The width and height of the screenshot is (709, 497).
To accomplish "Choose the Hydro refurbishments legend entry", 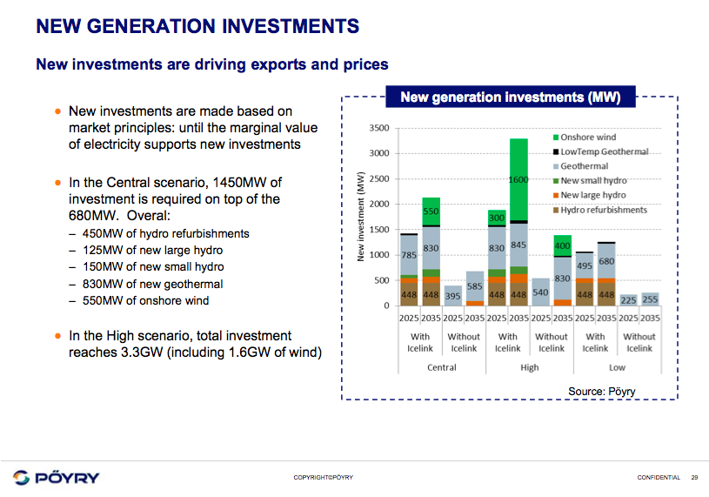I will (x=603, y=210).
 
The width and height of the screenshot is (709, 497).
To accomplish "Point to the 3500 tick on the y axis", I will (x=378, y=128).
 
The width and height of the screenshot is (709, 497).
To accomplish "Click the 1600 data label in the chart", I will (x=518, y=179).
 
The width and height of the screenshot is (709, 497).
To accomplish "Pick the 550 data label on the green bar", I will (x=431, y=211).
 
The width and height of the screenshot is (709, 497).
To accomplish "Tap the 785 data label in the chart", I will (x=409, y=256).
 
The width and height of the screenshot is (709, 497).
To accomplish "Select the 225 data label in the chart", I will (x=629, y=299).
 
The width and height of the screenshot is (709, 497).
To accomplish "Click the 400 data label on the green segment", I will (x=562, y=246).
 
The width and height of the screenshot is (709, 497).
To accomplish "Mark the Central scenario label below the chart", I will (x=442, y=367).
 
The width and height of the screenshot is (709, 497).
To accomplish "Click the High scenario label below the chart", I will (x=529, y=367).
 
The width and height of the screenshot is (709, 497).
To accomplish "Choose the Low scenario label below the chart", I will (x=617, y=367).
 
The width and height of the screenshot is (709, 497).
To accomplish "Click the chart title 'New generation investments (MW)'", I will (x=510, y=97).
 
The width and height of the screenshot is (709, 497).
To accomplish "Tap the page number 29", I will (x=694, y=477).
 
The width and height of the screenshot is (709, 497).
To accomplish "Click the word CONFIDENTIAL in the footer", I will (x=659, y=477).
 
